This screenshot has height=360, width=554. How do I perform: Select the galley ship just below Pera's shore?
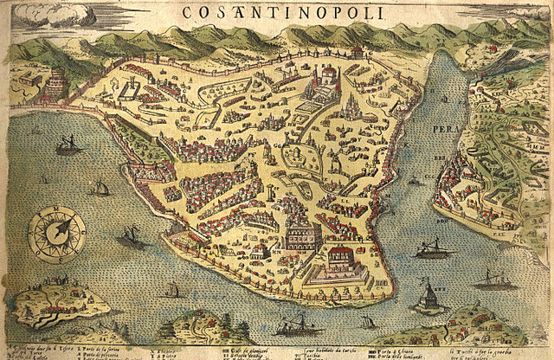[431, 250]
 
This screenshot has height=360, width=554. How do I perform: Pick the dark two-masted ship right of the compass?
[131, 237]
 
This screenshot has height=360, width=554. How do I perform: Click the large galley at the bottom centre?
[295, 326]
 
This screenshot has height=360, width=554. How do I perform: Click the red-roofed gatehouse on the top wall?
[355, 51]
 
